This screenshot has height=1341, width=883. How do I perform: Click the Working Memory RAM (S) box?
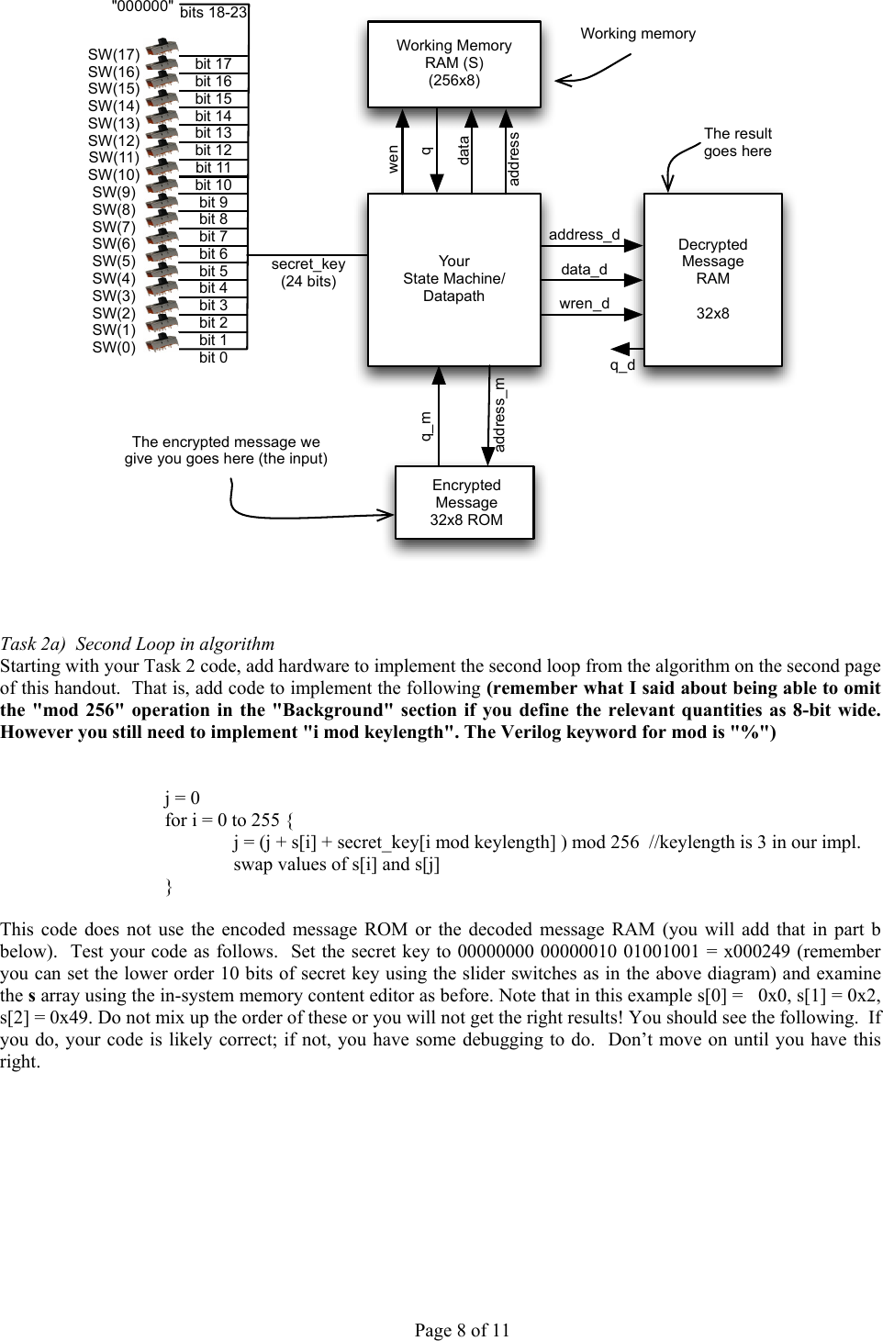tap(453, 64)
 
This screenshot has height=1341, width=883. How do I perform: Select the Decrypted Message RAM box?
tap(712, 279)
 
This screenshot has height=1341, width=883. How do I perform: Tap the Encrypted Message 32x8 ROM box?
tap(465, 502)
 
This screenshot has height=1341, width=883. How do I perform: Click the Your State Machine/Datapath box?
tap(453, 279)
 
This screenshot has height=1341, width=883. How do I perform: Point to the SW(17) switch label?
tap(114, 55)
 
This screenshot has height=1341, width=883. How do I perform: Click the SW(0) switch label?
tap(114, 348)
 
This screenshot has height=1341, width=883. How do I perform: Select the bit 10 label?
tap(213, 185)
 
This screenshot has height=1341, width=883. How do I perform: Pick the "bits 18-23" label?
tap(213, 13)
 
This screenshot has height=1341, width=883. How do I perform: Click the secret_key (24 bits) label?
tap(308, 273)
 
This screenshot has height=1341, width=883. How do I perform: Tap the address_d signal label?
tap(584, 235)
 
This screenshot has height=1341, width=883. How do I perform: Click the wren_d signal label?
tap(584, 304)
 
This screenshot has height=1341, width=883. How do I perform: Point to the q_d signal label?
tap(622, 365)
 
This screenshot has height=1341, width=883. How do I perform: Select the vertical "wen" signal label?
tap(393, 159)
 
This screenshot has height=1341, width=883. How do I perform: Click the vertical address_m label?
tap(500, 415)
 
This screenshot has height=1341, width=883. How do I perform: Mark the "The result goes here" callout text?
tap(737, 142)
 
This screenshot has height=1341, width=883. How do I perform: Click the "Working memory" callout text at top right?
tap(638, 34)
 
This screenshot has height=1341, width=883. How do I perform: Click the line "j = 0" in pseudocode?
tap(182, 799)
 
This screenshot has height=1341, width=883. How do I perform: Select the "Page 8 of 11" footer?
tap(462, 1330)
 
